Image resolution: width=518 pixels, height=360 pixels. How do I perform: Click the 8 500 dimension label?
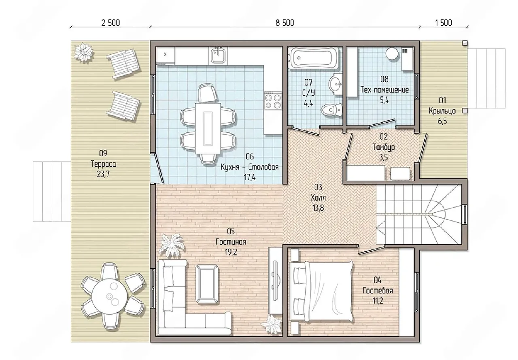click(x=285, y=23)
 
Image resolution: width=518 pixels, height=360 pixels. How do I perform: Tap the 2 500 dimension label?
click(x=110, y=23)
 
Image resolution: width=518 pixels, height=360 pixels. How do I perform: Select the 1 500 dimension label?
click(x=444, y=23)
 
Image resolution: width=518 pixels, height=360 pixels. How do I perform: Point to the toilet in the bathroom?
click(x=331, y=110)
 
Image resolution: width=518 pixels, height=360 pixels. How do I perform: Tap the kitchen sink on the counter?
click(x=218, y=55)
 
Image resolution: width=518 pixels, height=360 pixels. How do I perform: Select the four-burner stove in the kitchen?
click(x=273, y=101)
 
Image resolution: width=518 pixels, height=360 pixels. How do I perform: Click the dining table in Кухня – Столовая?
click(x=208, y=128)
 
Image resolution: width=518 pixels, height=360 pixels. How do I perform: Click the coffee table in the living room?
click(x=207, y=284)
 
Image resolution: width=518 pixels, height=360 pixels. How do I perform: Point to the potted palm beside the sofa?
click(x=172, y=245)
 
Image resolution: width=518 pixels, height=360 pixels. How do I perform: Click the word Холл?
click(x=318, y=198)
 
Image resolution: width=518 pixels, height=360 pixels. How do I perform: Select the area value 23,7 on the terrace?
click(x=103, y=174)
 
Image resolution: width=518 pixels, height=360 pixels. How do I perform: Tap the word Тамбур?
click(x=384, y=147)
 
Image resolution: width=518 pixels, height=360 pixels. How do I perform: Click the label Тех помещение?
click(x=384, y=90)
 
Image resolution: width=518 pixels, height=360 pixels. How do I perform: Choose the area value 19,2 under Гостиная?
click(x=231, y=252)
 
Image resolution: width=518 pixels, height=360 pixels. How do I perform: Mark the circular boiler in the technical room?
click(x=392, y=53)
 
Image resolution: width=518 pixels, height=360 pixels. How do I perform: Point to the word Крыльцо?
click(x=442, y=111)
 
